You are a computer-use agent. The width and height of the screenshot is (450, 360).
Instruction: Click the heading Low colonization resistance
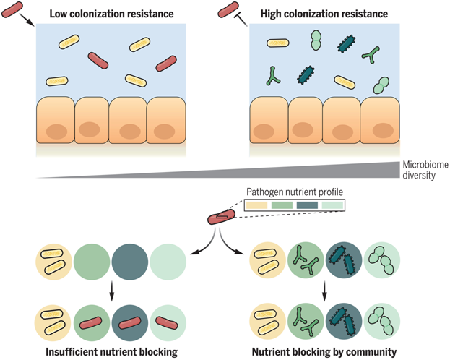coord(111,13)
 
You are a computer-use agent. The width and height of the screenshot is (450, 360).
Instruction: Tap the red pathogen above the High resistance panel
coord(228,9)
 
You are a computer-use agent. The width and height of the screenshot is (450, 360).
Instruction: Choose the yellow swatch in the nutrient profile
coord(258,205)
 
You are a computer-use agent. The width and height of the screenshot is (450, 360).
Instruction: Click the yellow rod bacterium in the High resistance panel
coord(277,43)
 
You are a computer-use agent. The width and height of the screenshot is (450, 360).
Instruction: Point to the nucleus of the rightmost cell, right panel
coord(380,132)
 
